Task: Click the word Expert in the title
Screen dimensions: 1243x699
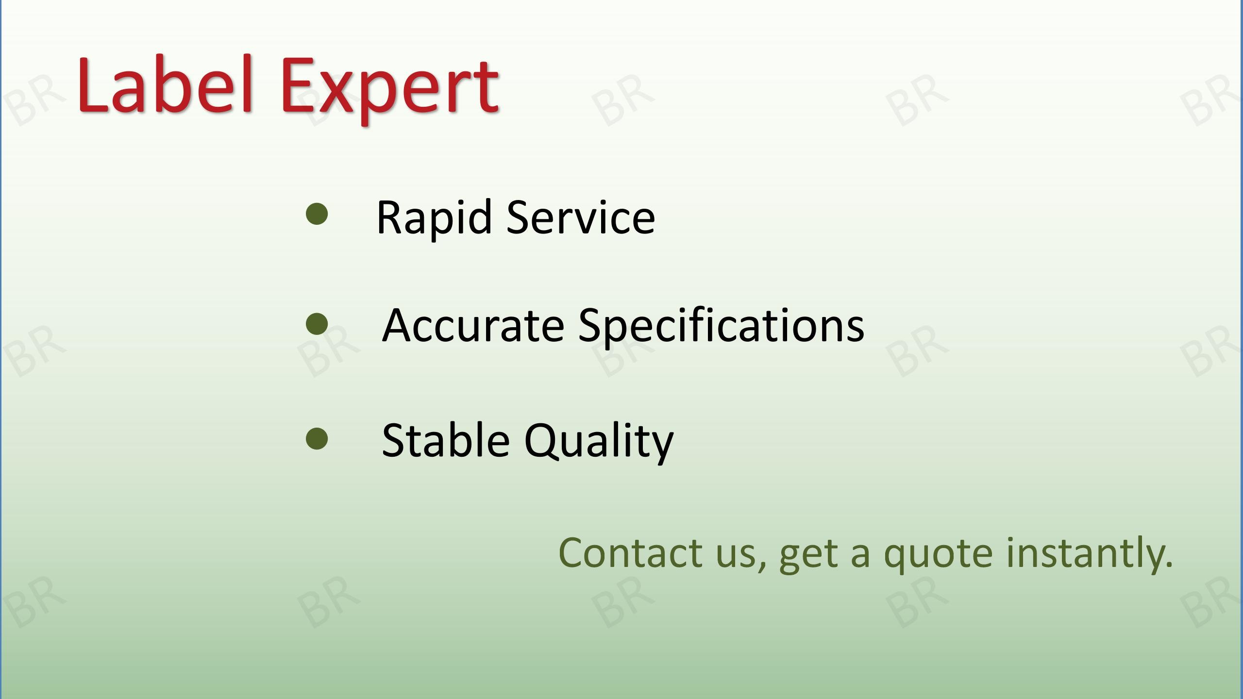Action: tap(389, 90)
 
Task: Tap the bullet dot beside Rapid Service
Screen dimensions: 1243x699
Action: tap(317, 214)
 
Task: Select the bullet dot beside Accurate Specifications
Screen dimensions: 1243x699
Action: tap(317, 324)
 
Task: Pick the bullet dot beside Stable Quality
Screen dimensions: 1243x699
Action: tap(317, 438)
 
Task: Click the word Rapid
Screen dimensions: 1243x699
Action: tap(434, 218)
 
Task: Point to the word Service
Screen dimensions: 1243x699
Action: tap(581, 217)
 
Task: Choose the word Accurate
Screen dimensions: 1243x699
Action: tap(473, 325)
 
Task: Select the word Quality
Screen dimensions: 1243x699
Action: tap(599, 442)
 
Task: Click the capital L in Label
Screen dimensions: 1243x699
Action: tap(93, 84)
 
